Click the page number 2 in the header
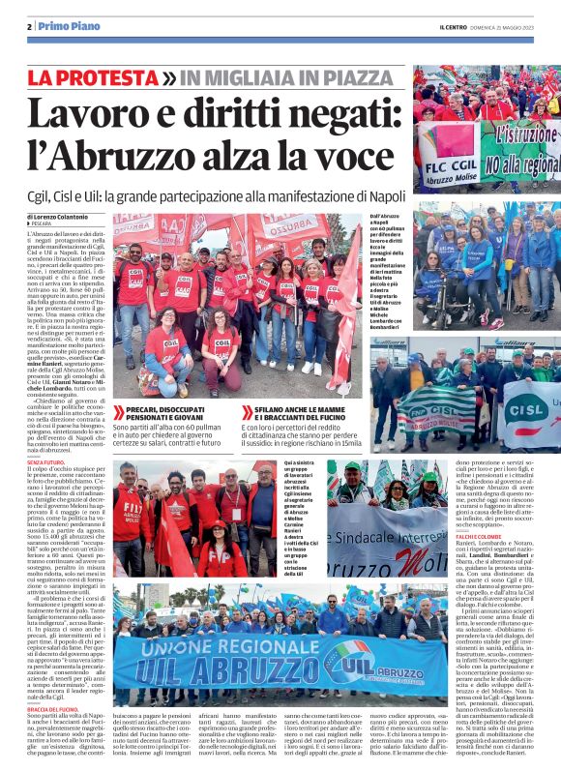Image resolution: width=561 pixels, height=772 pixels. pos(29,26)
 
